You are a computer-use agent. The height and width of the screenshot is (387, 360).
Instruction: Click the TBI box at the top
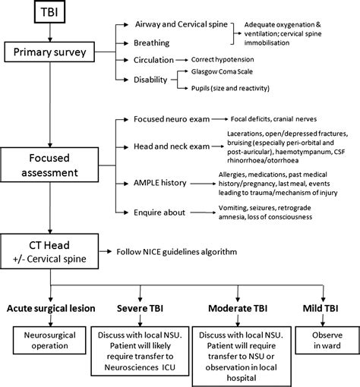click(x=49, y=12)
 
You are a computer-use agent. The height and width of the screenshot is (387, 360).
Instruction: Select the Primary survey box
click(x=49, y=52)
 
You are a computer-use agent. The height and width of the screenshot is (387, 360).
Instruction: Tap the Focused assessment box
click(x=49, y=165)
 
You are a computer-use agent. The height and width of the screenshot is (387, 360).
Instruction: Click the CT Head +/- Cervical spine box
click(x=49, y=251)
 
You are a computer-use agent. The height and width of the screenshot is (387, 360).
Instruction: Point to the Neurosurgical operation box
click(x=49, y=340)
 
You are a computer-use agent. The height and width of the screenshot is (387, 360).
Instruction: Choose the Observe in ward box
click(x=327, y=340)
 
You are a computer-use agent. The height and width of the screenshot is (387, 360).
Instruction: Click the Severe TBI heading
click(x=140, y=308)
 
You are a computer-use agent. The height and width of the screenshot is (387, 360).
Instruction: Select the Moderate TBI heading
click(x=238, y=308)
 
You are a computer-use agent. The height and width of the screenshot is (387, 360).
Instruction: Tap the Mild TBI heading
click(x=321, y=308)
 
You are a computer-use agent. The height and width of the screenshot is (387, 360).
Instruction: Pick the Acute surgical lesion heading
click(x=51, y=308)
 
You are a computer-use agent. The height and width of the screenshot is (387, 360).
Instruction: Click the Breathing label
click(x=152, y=43)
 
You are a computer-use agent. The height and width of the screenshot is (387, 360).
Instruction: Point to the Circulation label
click(x=153, y=60)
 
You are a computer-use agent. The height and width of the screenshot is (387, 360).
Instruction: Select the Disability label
click(x=150, y=80)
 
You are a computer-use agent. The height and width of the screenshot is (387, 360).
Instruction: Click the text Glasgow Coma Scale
click(x=222, y=71)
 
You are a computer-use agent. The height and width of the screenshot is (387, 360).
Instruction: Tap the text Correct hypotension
click(x=223, y=59)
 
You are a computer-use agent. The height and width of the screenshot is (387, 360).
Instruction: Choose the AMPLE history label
click(x=160, y=183)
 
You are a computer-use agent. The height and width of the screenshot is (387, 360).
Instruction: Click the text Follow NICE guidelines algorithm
click(x=177, y=252)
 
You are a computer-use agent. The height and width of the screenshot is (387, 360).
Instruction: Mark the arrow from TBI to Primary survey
click(x=50, y=33)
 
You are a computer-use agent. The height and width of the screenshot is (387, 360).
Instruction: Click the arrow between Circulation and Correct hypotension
click(x=182, y=60)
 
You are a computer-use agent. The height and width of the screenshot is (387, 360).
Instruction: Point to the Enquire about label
click(x=159, y=212)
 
